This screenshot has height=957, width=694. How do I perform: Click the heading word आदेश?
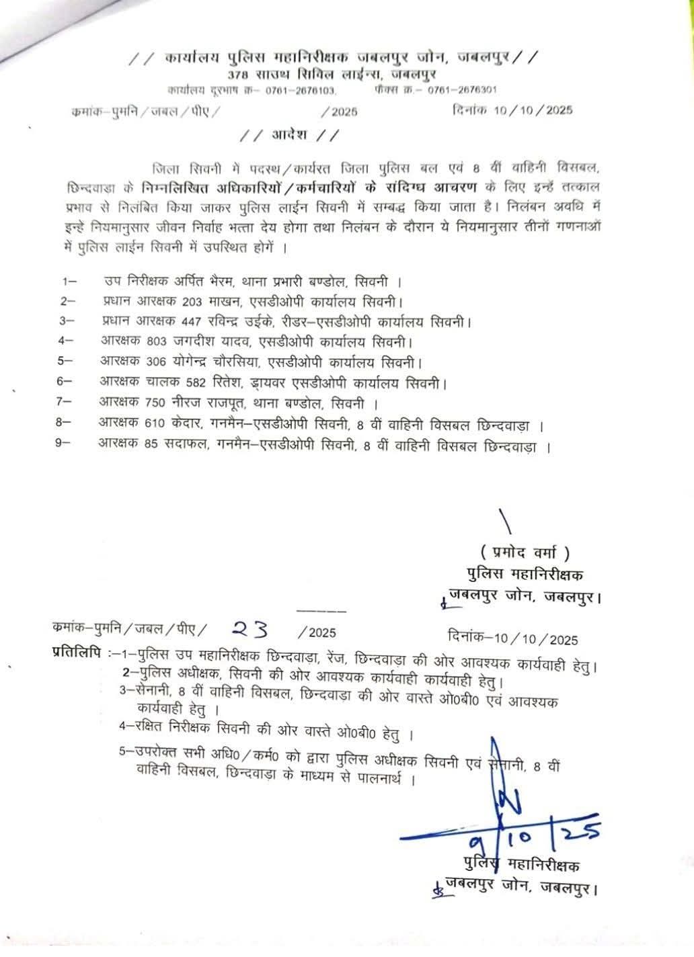[289, 134]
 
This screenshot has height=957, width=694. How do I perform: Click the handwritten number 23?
[249, 629]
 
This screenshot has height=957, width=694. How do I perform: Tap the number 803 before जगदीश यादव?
[155, 342]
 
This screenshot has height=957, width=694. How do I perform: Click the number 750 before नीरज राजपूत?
[155, 404]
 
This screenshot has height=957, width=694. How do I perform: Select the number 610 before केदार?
[155, 425]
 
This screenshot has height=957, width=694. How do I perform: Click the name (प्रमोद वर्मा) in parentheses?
[525, 552]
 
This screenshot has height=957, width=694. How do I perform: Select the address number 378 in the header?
[238, 73]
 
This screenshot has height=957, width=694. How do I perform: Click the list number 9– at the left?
[65, 446]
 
